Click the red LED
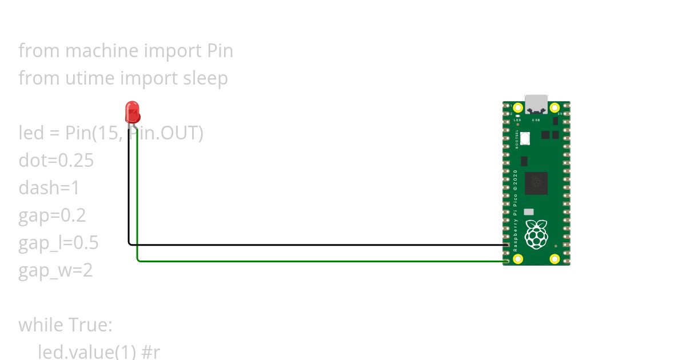[x=132, y=111]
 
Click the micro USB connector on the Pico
[x=536, y=102]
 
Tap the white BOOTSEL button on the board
[x=525, y=138]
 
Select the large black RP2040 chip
[x=536, y=183]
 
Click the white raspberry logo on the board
[x=536, y=236]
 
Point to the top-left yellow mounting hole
[x=518, y=107]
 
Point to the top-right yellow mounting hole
[x=555, y=107]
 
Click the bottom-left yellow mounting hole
[x=518, y=259]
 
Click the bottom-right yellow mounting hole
[x=555, y=259]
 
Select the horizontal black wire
[x=320, y=245]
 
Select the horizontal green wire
[x=320, y=261]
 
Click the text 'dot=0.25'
[x=56, y=161]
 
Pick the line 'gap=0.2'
[x=52, y=215]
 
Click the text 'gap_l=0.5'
[x=58, y=243]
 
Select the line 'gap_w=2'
[x=55, y=270]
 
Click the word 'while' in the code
[x=42, y=325]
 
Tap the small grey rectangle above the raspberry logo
[x=529, y=212]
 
